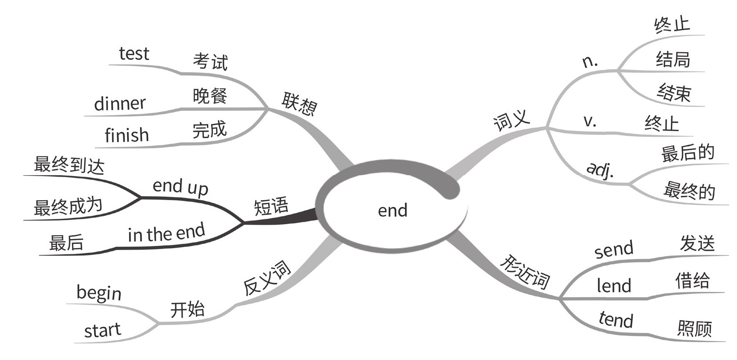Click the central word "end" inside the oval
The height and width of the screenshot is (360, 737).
click(392, 210)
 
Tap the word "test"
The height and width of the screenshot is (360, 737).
click(134, 53)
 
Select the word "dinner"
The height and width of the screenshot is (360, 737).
click(119, 104)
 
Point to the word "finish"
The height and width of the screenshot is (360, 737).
click(127, 135)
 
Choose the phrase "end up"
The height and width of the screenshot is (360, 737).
click(180, 186)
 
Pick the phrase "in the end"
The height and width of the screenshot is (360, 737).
click(166, 234)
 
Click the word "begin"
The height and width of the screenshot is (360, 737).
click(99, 292)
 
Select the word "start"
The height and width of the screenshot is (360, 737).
click(103, 330)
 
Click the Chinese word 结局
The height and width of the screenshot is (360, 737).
click(673, 60)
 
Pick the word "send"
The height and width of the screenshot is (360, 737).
click(614, 250)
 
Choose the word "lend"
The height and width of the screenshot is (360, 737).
click(614, 286)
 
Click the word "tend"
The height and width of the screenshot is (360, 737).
click(616, 320)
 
